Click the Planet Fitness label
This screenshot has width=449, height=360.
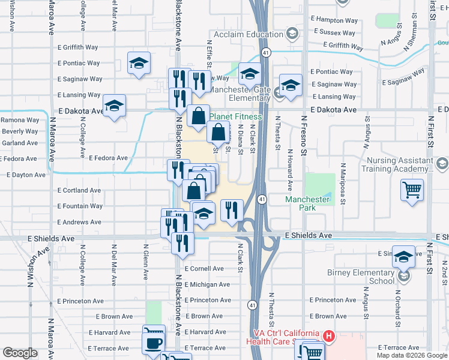click(235, 116)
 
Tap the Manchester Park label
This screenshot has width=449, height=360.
click(307, 203)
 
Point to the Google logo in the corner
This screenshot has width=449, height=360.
click(20, 353)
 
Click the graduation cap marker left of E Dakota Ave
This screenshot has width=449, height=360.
click(114, 106)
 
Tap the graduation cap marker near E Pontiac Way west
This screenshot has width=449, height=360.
click(139, 64)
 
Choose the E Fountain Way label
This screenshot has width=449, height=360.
click(79, 206)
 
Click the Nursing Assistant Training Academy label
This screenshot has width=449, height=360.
click(396, 165)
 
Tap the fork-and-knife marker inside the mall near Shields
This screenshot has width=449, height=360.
click(232, 209)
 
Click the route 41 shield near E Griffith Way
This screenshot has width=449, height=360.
click(265, 53)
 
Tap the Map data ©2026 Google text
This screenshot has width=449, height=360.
click(412, 355)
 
